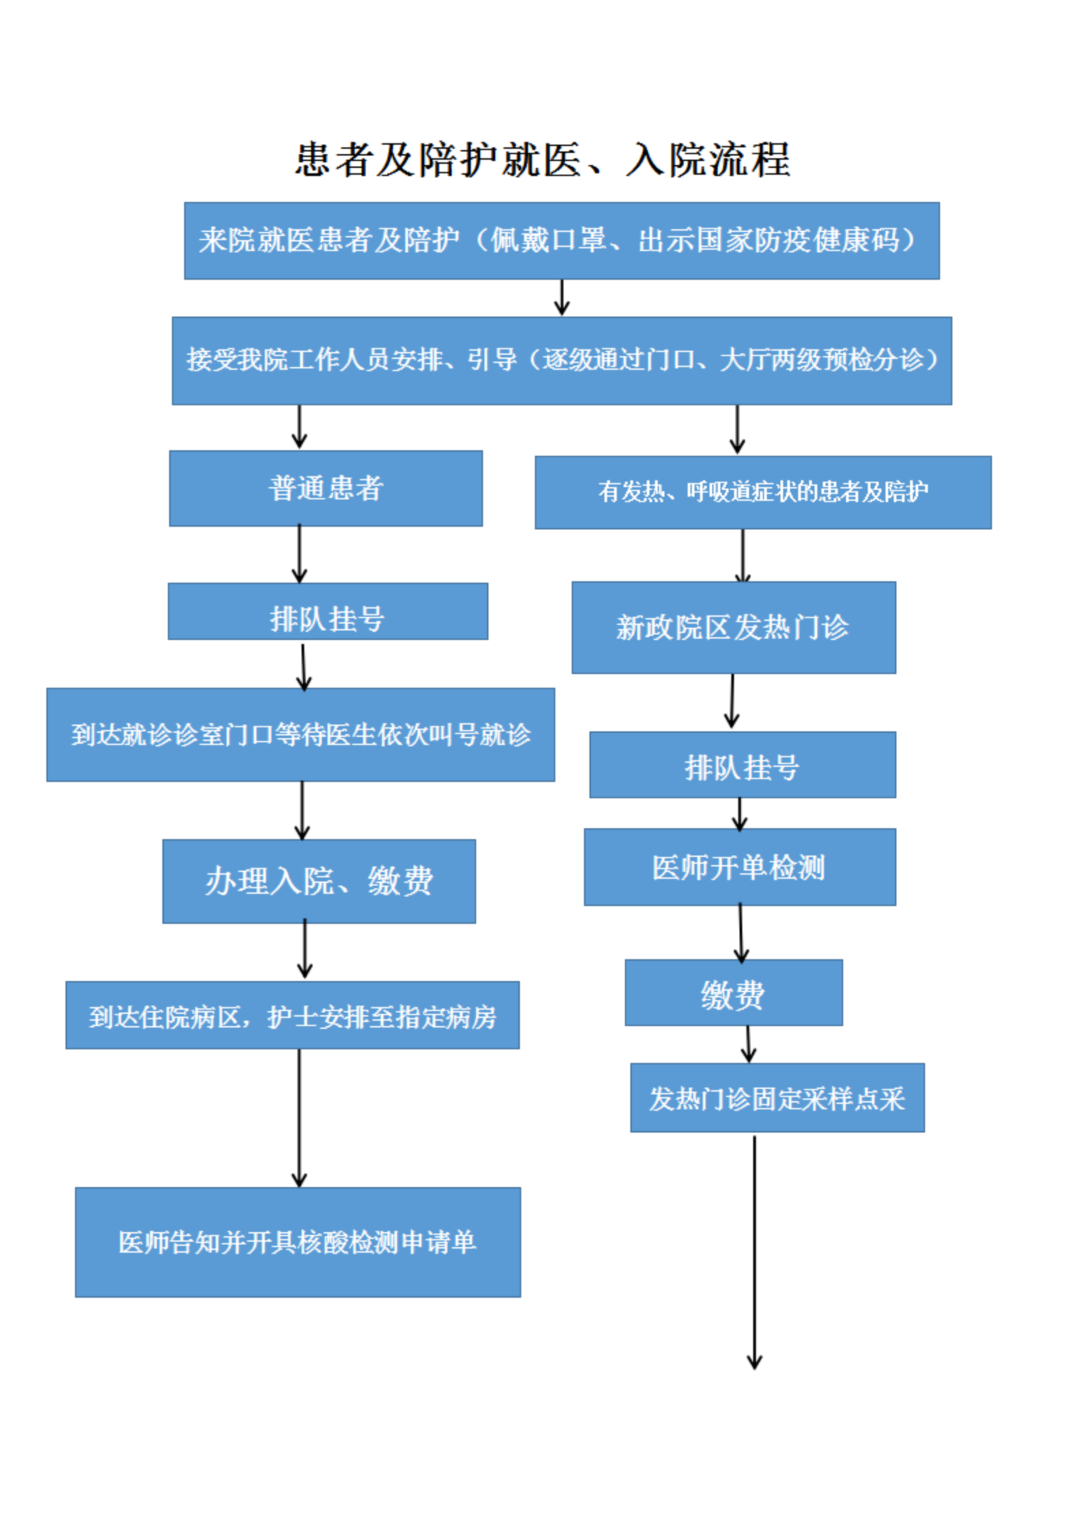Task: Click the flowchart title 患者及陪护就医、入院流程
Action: [x=542, y=160]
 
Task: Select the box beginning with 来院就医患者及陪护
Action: [x=561, y=240]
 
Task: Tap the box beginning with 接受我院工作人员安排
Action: [x=561, y=360]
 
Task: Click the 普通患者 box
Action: [x=325, y=488]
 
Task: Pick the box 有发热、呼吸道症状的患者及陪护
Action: [x=762, y=492]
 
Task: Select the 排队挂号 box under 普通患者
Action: [x=327, y=611]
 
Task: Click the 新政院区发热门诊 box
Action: [x=733, y=627]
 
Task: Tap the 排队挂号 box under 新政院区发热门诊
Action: [x=742, y=764]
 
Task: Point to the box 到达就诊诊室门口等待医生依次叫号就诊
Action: [x=300, y=734]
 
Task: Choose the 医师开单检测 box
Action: [x=739, y=866]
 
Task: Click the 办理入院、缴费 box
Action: [x=319, y=881]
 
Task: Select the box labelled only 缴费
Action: [x=733, y=992]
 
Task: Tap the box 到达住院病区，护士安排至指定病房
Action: [x=292, y=1015]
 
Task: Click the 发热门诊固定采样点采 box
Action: [x=776, y=1097]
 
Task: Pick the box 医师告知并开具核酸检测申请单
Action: [x=297, y=1242]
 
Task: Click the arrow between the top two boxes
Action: [x=561, y=297]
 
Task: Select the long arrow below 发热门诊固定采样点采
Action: [x=754, y=1252]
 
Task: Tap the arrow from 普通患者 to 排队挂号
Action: [x=299, y=553]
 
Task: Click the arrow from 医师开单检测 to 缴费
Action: [x=740, y=932]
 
